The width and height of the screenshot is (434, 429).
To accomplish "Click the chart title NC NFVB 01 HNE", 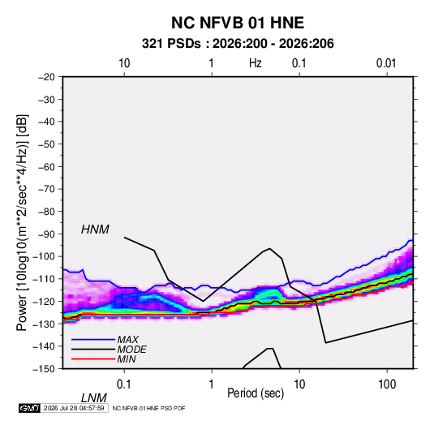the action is click(x=238, y=23).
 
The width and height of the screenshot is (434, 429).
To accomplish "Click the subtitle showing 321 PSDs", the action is click(x=238, y=44).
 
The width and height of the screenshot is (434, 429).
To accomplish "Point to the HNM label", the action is click(x=95, y=230).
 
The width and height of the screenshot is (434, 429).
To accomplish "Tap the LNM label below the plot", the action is click(x=93, y=398).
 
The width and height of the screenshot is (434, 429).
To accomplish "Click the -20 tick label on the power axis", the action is click(x=46, y=77).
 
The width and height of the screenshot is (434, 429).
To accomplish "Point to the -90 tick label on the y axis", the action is click(x=46, y=234).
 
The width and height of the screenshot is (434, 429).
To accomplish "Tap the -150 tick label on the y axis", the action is click(x=44, y=369).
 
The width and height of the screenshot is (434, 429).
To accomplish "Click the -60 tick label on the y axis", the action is click(x=46, y=166).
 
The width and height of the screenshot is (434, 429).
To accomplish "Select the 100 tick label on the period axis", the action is click(x=387, y=384).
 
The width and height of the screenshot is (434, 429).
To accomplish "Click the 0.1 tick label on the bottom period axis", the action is click(x=123, y=384).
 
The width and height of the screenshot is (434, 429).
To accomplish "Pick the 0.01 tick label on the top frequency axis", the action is click(x=386, y=63).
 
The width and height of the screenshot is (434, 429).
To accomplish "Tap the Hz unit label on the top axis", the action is click(x=256, y=63).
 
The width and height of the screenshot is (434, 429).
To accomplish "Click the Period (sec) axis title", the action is click(x=256, y=393).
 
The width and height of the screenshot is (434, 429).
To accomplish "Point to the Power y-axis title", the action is click(x=22, y=223).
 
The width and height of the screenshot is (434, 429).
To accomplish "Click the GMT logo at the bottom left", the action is click(x=30, y=408).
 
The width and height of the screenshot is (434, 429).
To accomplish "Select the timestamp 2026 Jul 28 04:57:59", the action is click(x=74, y=408).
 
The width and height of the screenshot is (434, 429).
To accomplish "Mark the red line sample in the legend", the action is click(x=93, y=359).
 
